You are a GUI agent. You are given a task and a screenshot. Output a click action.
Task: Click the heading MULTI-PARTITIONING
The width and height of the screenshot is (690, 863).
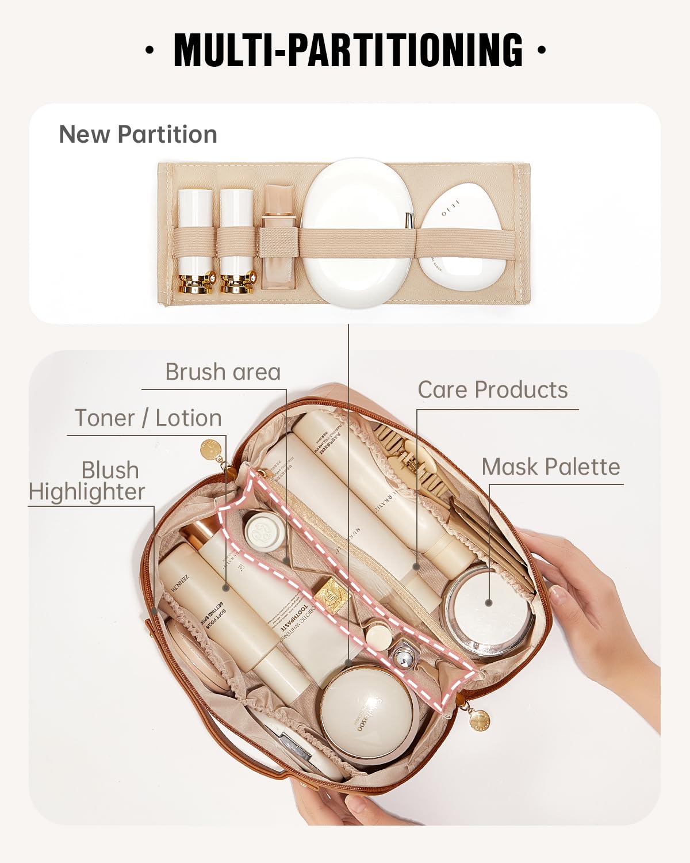348,50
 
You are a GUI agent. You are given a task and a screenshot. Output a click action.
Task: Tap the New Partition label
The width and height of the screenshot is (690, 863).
138,134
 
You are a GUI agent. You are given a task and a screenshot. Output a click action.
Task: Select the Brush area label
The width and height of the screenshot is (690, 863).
223,372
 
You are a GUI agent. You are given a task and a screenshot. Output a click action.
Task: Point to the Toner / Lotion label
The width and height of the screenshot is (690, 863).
148,418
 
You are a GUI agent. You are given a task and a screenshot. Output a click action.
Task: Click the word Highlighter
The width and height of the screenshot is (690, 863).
86,492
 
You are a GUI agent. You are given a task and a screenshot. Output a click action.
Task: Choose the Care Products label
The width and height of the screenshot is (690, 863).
492,390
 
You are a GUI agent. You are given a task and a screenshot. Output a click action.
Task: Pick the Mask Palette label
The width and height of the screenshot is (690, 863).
551,467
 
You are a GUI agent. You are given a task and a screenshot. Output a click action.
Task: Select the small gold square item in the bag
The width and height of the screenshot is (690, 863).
333,593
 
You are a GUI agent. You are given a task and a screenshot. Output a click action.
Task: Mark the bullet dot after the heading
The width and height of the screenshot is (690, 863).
540,50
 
